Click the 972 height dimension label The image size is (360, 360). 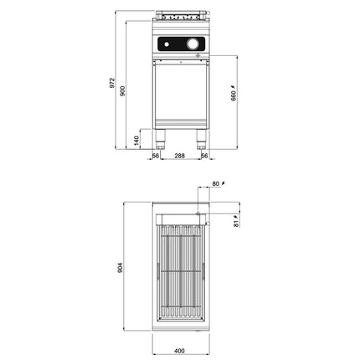pos(112,83)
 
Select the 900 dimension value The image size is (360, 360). pos(122,91)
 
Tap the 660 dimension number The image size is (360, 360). pos(234,95)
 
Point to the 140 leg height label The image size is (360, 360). pos(136,141)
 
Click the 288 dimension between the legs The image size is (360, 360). pos(179,156)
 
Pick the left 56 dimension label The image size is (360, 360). pos(156,156)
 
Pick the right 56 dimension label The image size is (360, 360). pos(204,156)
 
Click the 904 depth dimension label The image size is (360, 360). pos(120,268)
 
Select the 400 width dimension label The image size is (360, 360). pos(179,351)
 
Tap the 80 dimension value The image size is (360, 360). pos(216,184)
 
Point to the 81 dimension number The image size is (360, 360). pos(236,224)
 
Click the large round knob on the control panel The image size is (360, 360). pos(193,44)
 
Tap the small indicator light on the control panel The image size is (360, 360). pos(167,44)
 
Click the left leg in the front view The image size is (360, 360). pos(160,139)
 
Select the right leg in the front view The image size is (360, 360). pos(201,139)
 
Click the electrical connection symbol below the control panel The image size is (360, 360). pos(198,55)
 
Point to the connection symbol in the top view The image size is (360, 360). pos(198,213)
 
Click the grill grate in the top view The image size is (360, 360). pos(181,271)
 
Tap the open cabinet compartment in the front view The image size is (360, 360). pos(181,91)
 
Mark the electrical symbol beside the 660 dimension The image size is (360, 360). pos(234,87)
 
